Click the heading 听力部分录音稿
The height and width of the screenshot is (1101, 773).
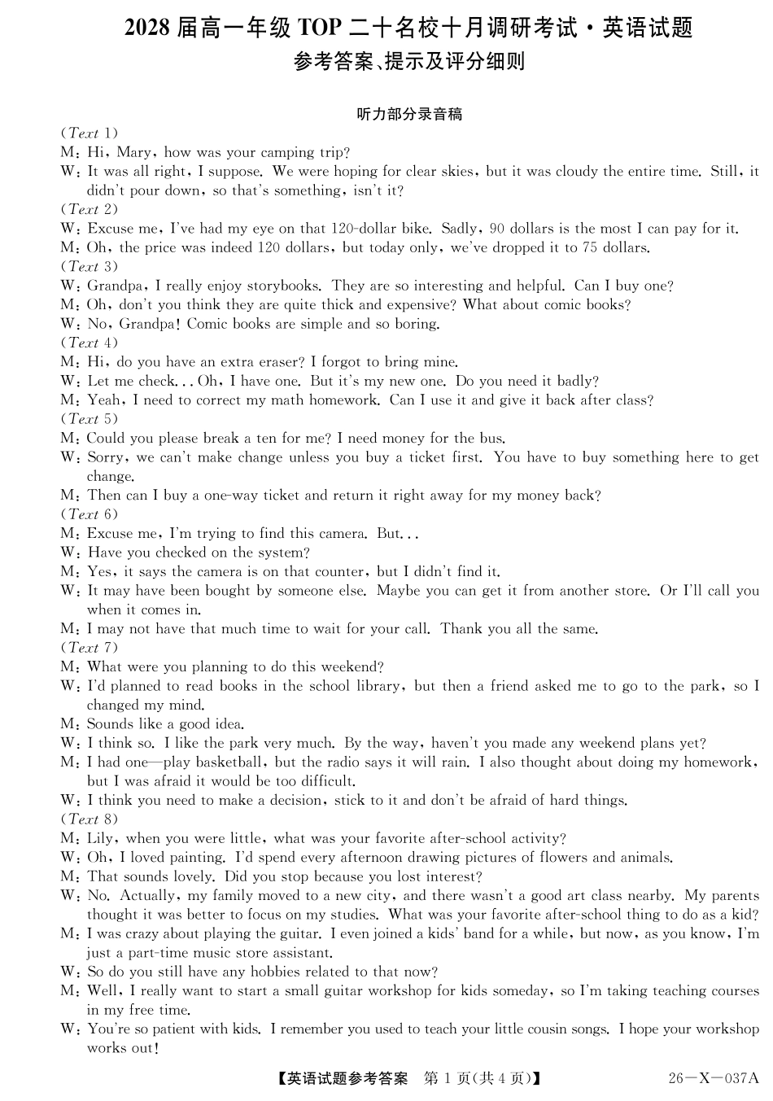point(409,115)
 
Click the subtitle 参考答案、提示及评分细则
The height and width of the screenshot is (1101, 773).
point(409,62)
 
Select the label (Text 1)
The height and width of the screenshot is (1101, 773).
point(90,133)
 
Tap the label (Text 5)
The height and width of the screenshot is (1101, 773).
point(90,419)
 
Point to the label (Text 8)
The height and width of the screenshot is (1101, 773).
point(90,819)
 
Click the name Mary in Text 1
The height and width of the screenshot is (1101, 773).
point(134,153)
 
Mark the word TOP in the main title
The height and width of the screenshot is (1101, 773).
point(319,28)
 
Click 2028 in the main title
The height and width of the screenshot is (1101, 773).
point(147,28)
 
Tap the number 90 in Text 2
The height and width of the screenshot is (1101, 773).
point(497,229)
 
